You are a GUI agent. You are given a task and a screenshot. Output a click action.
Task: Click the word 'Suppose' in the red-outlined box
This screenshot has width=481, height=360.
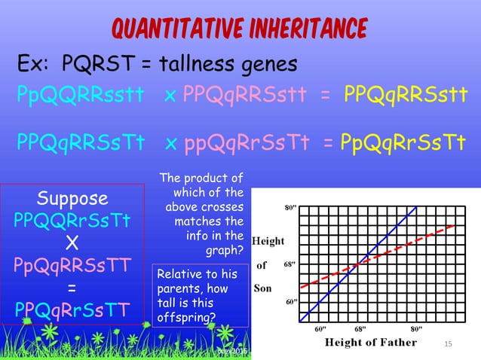[72, 200]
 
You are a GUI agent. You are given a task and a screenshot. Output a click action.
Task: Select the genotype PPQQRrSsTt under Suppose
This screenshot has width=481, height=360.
[72, 221]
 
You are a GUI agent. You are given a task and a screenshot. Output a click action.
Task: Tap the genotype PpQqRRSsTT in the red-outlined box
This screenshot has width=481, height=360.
[72, 266]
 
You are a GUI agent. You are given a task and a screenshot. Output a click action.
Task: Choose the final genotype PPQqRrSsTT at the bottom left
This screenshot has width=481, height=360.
[72, 310]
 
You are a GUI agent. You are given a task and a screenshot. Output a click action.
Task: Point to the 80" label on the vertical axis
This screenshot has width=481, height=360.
[290, 207]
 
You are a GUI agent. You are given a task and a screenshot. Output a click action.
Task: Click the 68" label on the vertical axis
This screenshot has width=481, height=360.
[290, 265]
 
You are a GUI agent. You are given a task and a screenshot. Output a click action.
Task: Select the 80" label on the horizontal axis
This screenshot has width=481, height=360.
[414, 329]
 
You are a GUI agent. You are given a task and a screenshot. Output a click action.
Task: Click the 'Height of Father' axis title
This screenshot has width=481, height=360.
[370, 343]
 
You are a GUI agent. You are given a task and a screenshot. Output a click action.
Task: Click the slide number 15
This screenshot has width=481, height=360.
[448, 343]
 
